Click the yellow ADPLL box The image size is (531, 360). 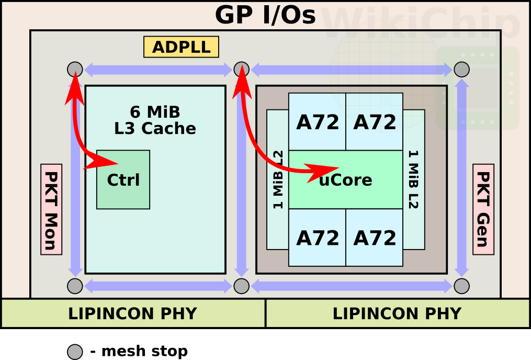pos(181,47)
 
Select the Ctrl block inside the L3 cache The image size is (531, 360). pos(123,179)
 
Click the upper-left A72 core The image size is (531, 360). pos(317,122)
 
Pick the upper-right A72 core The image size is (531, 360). pos(374,122)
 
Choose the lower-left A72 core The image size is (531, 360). pos(317,238)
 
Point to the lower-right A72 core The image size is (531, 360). pos(374,238)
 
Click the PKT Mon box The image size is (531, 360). pos(51,209)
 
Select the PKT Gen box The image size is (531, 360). pos(483,209)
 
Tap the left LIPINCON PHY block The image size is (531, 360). pos(132,313)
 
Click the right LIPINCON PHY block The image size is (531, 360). pos(397,313)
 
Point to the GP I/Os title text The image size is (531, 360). pos(265,15)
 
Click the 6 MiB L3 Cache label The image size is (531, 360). pos(155,120)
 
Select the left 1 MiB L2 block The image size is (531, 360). pos(277,179)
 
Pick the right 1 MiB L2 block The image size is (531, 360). pos(414,179)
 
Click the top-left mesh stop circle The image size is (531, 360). pos(75,69)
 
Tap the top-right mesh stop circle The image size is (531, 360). pos(461,69)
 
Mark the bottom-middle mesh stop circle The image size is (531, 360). pos(241,286)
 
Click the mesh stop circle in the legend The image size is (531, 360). pos(75,352)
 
